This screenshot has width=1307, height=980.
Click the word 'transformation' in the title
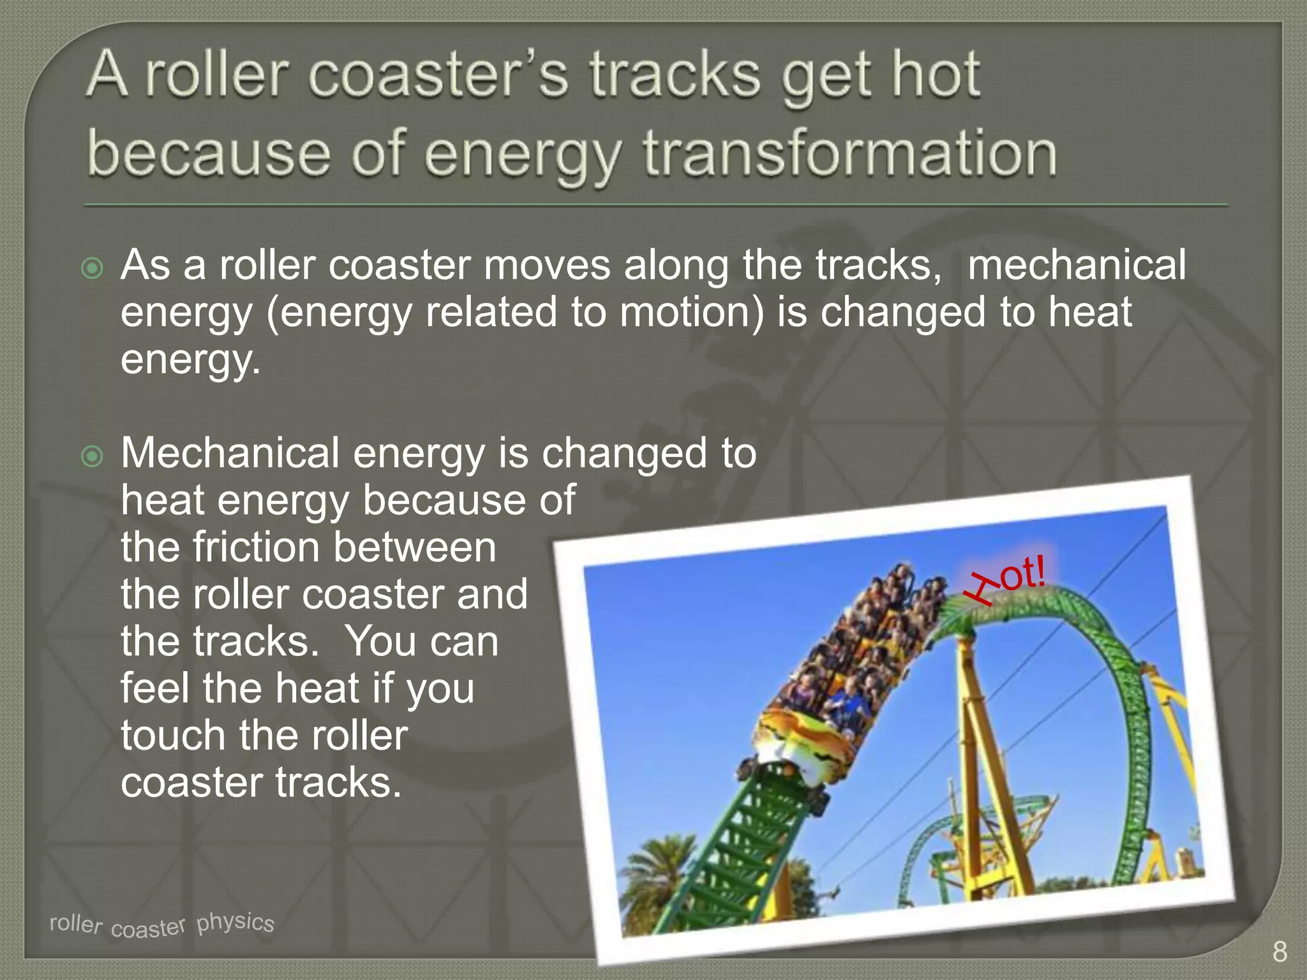pos(849,153)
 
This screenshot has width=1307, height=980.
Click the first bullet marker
pos(93,268)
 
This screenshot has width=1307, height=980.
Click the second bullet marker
pos(93,456)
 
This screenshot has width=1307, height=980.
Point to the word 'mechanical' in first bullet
pos(1076,265)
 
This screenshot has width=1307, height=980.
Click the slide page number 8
pos(1279,951)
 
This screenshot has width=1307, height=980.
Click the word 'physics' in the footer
pos(235,921)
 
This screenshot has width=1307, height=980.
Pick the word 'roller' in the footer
pos(75,923)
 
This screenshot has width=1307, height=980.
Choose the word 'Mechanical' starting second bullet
pos(230,453)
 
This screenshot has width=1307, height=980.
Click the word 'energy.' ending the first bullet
pos(190,359)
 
